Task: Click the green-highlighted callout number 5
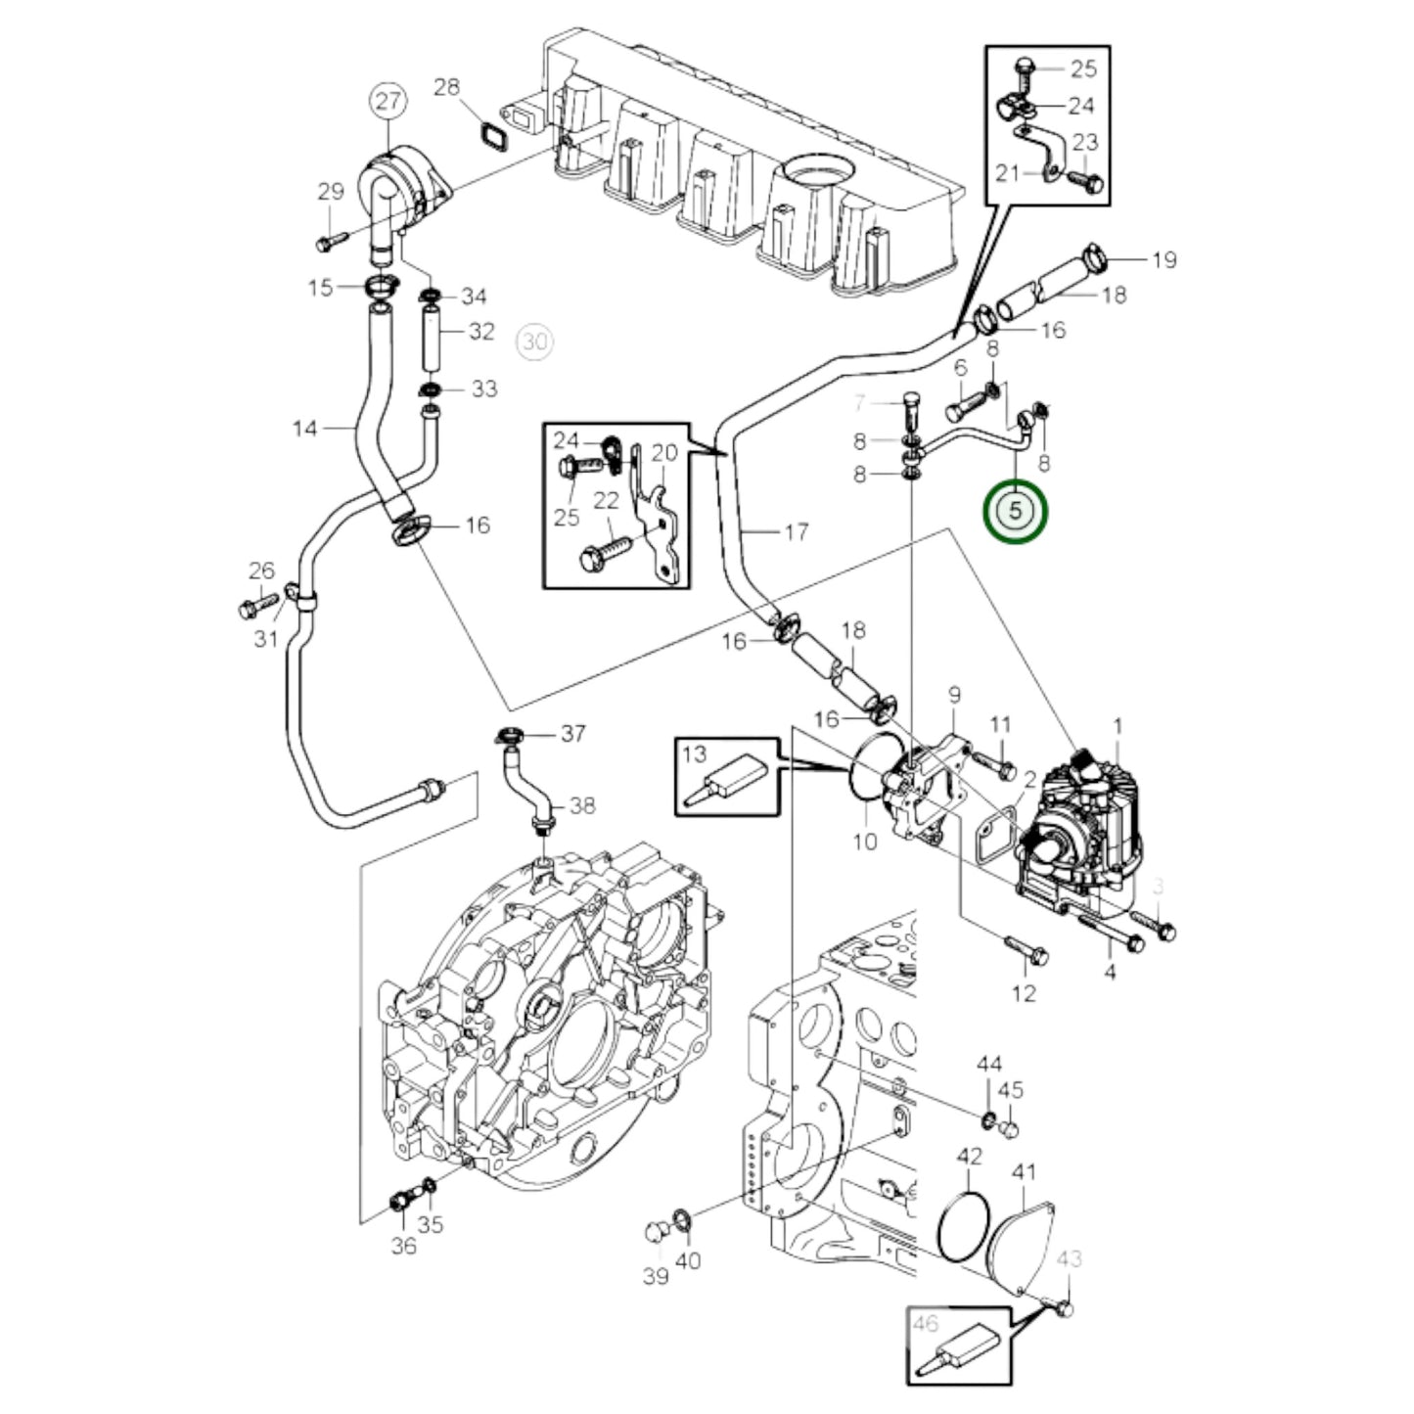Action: point(1016,511)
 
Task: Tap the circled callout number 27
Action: point(388,100)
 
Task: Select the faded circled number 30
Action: point(534,342)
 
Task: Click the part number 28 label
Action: point(446,88)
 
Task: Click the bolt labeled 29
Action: point(331,238)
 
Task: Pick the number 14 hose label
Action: point(305,428)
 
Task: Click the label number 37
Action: point(572,733)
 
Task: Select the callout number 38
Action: point(582,805)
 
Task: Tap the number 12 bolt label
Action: point(1023,993)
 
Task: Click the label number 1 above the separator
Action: point(1118,726)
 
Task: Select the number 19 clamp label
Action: point(1163,259)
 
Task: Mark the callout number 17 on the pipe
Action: point(797,531)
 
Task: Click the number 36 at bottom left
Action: point(403,1246)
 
